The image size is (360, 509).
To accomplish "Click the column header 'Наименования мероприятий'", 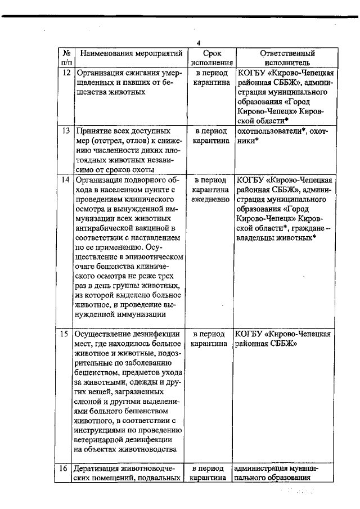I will click(131, 54).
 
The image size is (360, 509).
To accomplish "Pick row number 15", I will click(66, 334).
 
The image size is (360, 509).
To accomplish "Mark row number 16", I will click(66, 469).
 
